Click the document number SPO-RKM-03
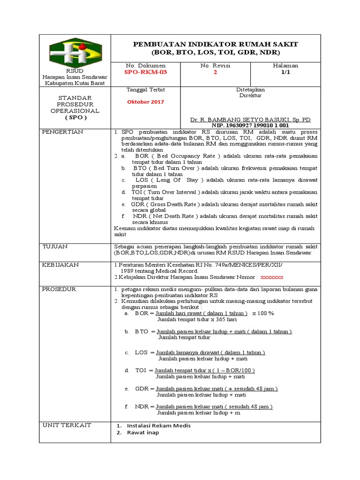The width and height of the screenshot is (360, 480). click(x=145, y=73)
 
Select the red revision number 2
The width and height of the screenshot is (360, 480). click(x=215, y=73)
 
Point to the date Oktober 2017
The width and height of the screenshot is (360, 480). click(x=146, y=102)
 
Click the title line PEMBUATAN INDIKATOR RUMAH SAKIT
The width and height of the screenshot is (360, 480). click(x=216, y=44)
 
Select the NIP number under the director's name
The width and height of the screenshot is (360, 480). click(x=250, y=126)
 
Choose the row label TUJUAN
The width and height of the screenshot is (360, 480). click(x=55, y=246)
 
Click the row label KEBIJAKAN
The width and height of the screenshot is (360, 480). click(x=60, y=265)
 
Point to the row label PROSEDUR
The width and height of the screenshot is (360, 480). click(x=59, y=289)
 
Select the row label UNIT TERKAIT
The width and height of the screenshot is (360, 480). click(x=67, y=425)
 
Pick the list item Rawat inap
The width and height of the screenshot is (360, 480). click(x=142, y=433)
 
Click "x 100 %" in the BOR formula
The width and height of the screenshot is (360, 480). click(x=263, y=313)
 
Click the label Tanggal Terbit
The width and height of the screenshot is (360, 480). click(x=146, y=89)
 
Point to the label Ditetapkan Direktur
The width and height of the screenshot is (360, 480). click(x=250, y=92)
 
